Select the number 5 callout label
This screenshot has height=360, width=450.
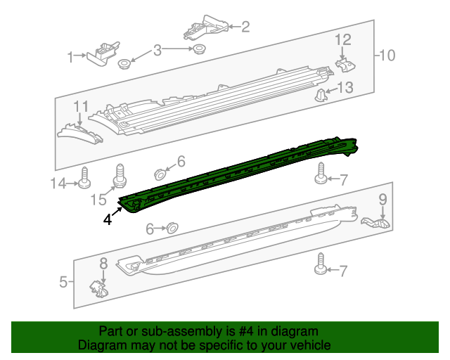[x=63, y=283]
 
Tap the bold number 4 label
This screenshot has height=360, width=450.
[x=107, y=219]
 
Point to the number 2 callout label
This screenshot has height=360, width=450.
[x=245, y=27]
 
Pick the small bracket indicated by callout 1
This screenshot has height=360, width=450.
[x=103, y=53]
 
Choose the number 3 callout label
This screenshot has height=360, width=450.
[x=157, y=50]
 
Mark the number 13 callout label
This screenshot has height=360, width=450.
[x=345, y=88]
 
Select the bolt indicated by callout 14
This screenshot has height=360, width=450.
[x=84, y=179]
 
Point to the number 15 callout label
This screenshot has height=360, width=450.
[x=98, y=200]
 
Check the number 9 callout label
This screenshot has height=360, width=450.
[x=383, y=200]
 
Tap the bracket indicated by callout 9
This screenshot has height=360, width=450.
[x=376, y=223]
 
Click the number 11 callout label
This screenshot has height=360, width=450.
[x=82, y=106]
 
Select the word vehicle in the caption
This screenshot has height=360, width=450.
[x=311, y=345]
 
